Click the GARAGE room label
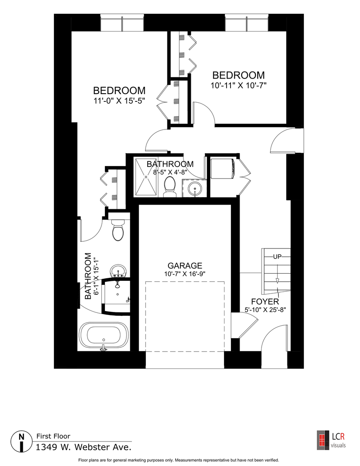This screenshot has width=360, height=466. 185,266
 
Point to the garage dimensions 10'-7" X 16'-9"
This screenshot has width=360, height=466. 185,274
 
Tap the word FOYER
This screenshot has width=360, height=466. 265,301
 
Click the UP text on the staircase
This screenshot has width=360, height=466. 277,257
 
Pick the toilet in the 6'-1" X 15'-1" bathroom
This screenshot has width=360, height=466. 118,231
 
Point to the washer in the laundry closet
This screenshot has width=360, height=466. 222,169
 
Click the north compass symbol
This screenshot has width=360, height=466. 21,441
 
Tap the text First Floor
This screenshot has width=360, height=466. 53,436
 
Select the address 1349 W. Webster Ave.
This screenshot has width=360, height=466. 83,447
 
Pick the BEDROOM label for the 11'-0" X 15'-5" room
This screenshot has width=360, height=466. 119,91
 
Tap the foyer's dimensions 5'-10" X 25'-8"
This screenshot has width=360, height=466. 265,309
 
